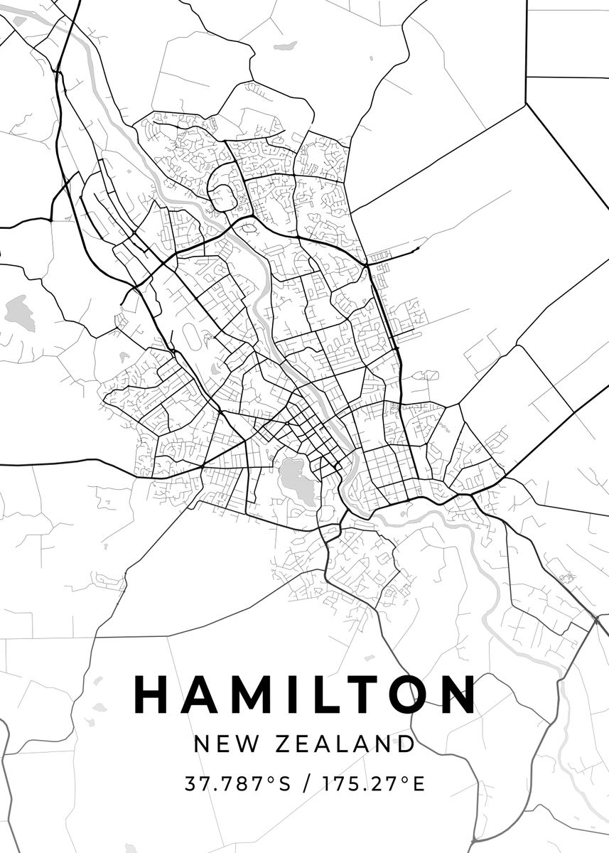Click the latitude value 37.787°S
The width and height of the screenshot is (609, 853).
(x=238, y=784)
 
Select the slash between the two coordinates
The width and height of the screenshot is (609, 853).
(x=306, y=785)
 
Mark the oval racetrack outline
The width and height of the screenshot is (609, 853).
(x=193, y=337)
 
